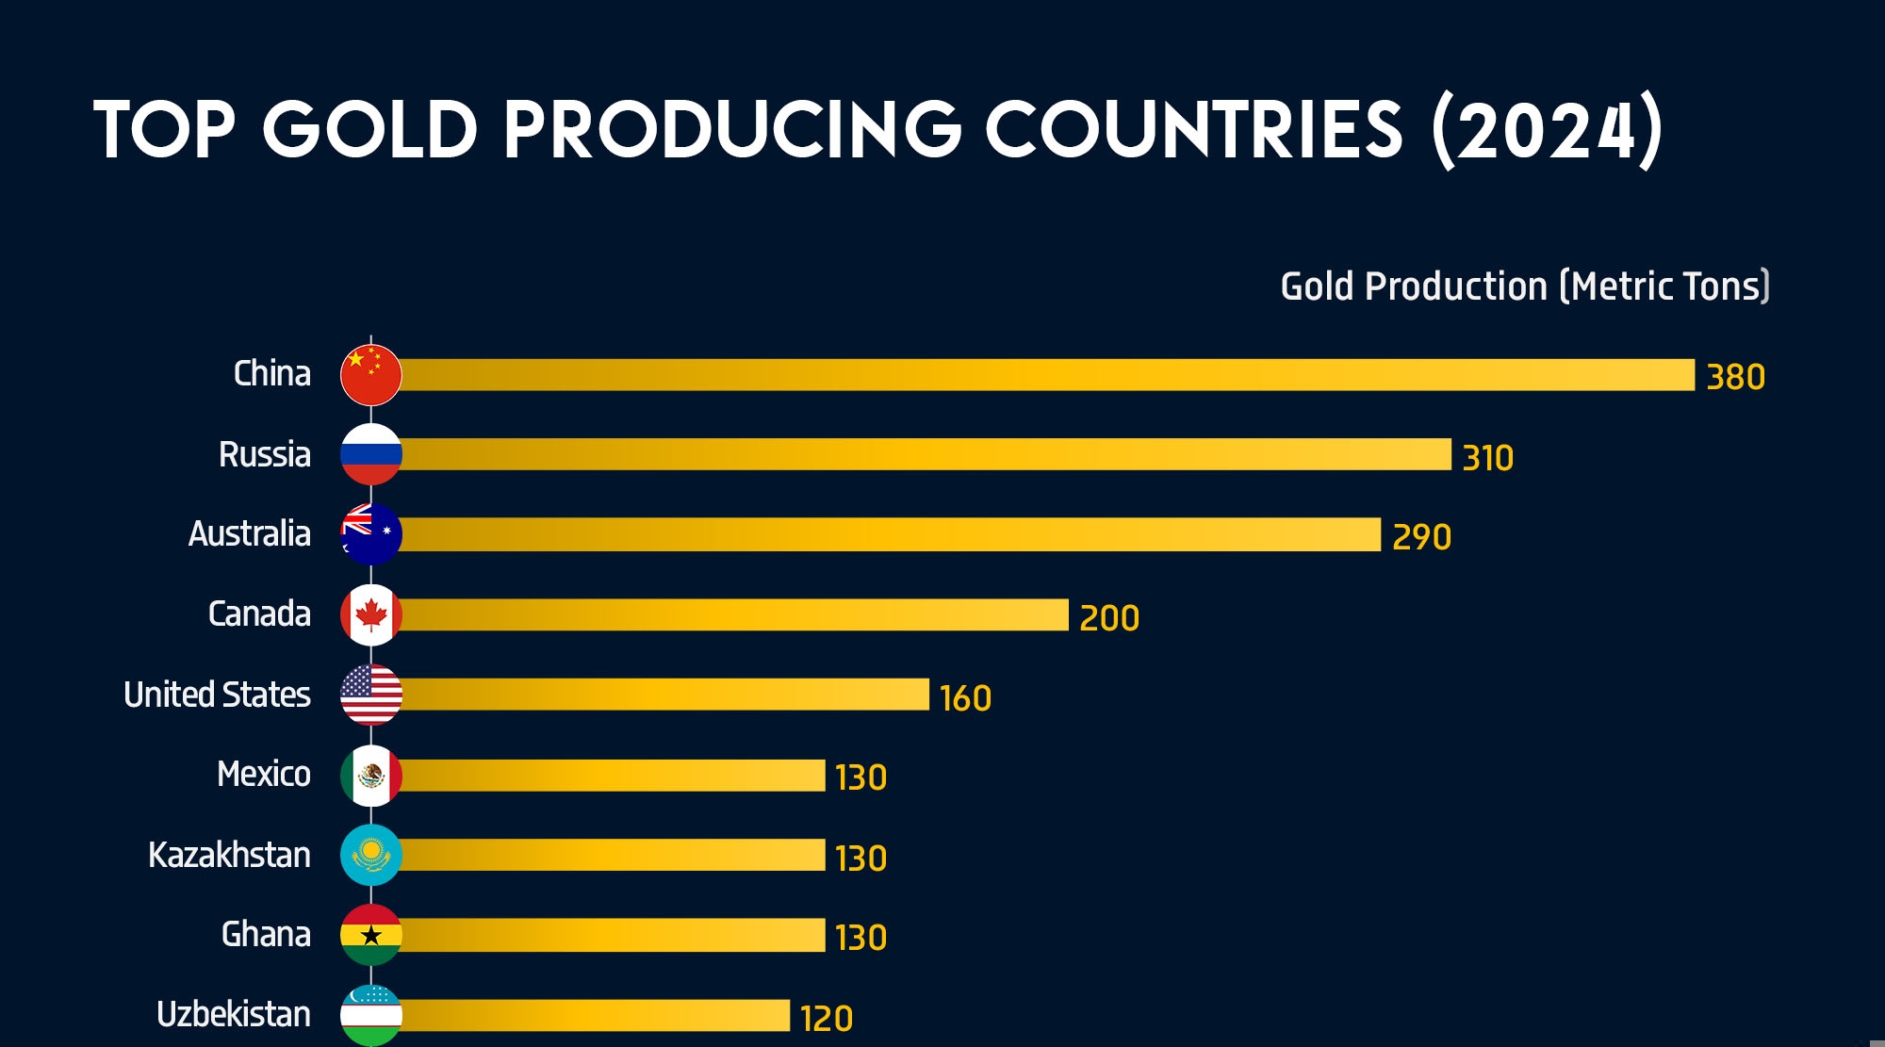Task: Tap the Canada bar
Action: (x=735, y=615)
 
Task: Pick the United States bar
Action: (x=664, y=695)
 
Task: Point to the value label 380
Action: (x=1735, y=377)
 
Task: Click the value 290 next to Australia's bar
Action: (x=1421, y=537)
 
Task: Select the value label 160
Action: (x=965, y=698)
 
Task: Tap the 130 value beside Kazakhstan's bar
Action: (x=861, y=859)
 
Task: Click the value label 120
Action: (x=826, y=1019)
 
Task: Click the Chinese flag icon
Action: (x=371, y=375)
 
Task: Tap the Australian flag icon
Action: (x=371, y=534)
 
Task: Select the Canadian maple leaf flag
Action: (x=371, y=615)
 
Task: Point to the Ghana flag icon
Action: (x=371, y=935)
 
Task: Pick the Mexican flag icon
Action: (x=371, y=776)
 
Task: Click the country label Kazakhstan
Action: (x=229, y=855)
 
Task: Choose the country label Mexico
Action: (x=263, y=775)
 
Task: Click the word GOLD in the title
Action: (x=370, y=129)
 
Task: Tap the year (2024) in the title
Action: (x=1547, y=130)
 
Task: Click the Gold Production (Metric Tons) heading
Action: (x=1524, y=286)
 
